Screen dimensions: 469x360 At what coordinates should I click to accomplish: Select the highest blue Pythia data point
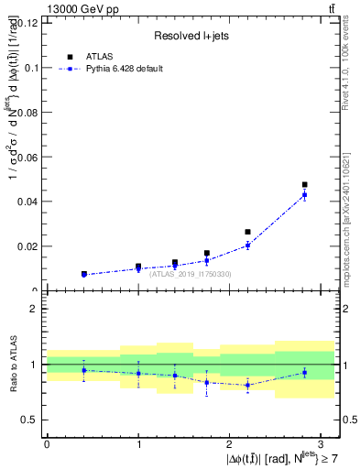(304, 195)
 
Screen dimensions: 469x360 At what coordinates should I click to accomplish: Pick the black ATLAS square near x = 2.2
(247, 233)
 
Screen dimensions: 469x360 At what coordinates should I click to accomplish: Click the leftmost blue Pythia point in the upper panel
(83, 275)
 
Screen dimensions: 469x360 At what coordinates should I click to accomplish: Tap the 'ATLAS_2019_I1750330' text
(190, 274)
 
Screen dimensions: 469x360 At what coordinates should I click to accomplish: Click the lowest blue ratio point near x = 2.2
(247, 385)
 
